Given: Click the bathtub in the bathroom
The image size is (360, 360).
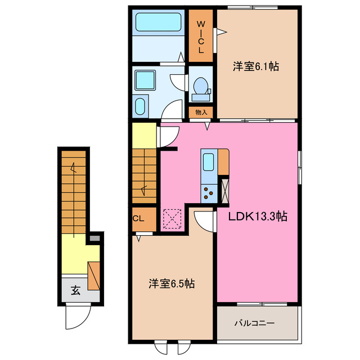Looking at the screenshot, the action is (159, 22).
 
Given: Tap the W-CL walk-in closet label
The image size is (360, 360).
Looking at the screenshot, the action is (201, 37).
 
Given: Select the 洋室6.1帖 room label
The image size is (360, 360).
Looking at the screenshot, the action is (256, 66).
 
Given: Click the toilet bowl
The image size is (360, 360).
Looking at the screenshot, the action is (201, 85).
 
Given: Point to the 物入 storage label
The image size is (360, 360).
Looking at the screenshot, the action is (201, 112).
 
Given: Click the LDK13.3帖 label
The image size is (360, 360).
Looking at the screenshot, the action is (258, 216).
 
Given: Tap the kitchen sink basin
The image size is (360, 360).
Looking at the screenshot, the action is (209, 162).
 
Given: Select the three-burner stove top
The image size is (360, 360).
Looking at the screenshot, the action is (209, 193).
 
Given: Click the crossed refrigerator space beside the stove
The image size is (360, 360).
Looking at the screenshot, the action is (224, 190).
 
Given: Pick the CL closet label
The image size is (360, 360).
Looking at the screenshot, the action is (138, 218).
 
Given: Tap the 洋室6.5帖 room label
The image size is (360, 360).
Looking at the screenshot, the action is (172, 283).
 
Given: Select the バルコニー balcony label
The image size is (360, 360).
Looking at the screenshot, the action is (254, 323).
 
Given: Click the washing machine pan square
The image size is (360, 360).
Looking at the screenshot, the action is (145, 80).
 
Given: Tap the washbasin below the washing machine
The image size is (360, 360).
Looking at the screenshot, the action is (139, 106).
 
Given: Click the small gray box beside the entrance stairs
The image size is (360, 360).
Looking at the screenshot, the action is (94, 238).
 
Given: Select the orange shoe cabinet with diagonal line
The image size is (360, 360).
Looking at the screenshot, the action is (94, 276).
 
